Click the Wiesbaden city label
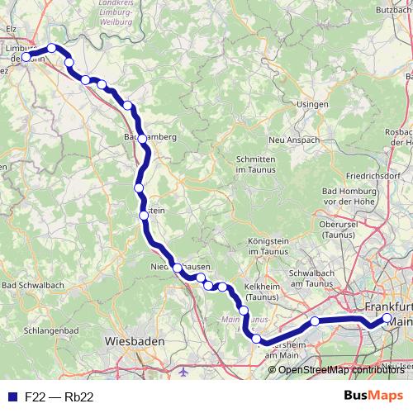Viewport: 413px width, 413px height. coord(135,340)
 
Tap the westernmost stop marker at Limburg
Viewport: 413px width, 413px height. coord(26,57)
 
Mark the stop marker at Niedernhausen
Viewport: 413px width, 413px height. coord(177,267)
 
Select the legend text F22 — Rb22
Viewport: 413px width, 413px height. coord(59,396)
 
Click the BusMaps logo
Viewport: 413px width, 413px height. coord(373,396)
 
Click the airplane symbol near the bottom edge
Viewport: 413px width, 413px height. coord(183,371)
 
